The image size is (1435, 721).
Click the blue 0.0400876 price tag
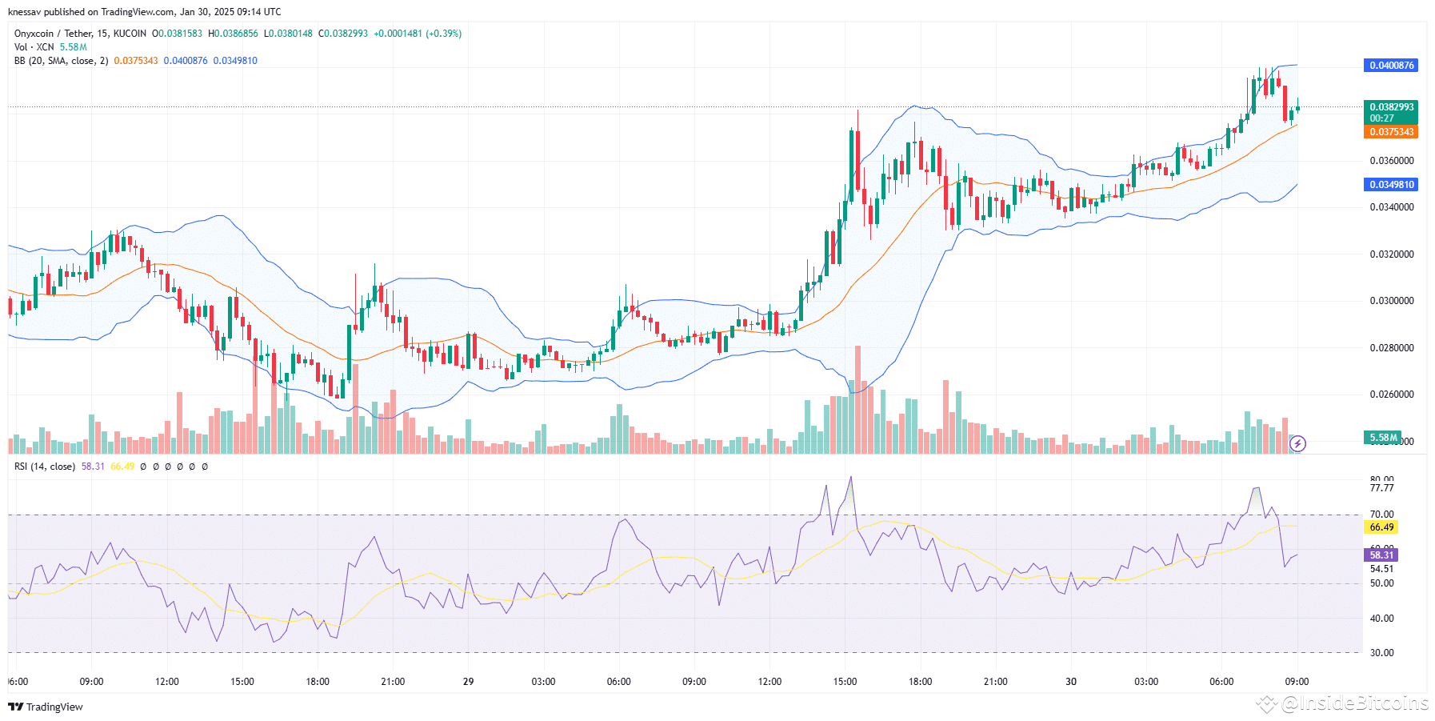(x=1390, y=66)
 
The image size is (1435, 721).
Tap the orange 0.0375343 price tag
(x=1390, y=132)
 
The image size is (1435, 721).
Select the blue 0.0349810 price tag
(x=1390, y=185)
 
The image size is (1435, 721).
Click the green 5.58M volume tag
(x=1382, y=438)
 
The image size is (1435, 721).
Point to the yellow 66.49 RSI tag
(x=1381, y=527)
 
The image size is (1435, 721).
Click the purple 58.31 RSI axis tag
(x=1381, y=555)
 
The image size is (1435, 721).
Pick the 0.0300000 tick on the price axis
(x=1391, y=301)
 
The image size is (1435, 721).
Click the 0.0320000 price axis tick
(x=1391, y=254)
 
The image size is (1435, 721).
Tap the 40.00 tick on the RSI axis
(x=1381, y=619)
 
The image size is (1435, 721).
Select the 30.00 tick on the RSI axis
(x=1381, y=653)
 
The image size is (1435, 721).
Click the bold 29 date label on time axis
(x=468, y=682)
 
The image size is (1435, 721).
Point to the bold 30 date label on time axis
(x=1070, y=682)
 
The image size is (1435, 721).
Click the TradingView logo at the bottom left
(x=46, y=707)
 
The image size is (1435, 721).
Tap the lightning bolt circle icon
(x=1298, y=443)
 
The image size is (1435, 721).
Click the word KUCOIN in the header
(x=130, y=34)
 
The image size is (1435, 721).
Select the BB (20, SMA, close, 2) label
(x=61, y=61)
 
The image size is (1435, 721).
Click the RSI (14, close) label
(x=45, y=467)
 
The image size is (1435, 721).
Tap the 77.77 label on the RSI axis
(x=1381, y=488)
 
